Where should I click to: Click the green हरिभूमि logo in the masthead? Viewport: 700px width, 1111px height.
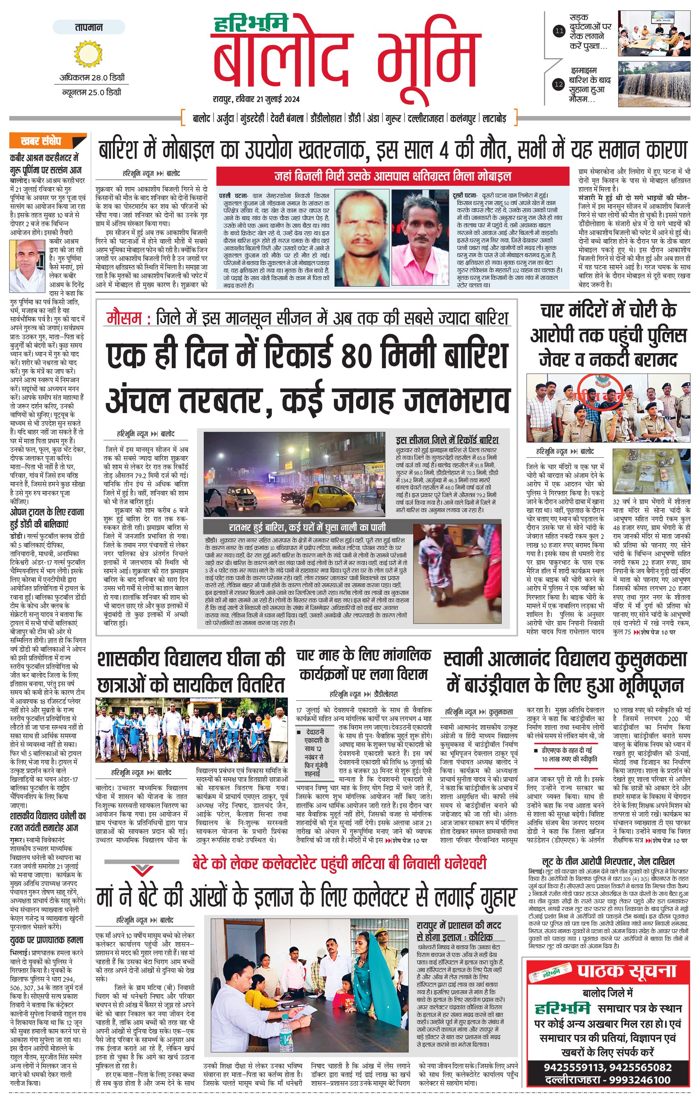point(251,24)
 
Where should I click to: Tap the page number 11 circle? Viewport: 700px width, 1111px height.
point(559,31)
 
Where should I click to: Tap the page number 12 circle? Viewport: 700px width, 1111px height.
point(559,84)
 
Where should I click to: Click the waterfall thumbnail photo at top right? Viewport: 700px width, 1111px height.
point(654,84)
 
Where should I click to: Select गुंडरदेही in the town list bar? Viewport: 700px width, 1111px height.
point(252,119)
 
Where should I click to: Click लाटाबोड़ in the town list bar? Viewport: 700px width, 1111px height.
point(494,119)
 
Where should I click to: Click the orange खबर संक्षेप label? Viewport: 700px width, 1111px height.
point(47,141)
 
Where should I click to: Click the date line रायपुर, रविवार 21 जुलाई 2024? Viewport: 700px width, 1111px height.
point(256,99)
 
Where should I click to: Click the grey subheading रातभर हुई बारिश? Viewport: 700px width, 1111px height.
point(307,527)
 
